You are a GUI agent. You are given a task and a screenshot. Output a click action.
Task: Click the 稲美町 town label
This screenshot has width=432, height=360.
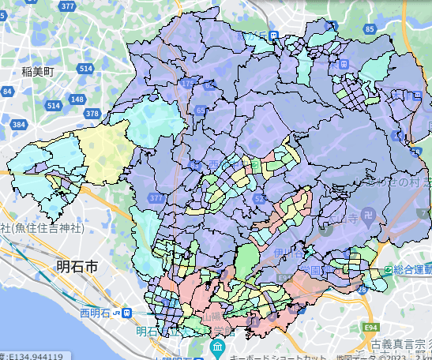point(37,70)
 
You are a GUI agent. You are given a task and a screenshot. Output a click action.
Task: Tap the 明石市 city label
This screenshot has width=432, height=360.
point(77,268)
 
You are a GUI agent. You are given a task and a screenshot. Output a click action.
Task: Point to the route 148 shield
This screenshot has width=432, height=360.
point(77,99)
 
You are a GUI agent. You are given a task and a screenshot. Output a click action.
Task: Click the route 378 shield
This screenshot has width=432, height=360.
point(92,114)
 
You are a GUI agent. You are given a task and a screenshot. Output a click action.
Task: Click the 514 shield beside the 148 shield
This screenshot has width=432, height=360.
point(53,105)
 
